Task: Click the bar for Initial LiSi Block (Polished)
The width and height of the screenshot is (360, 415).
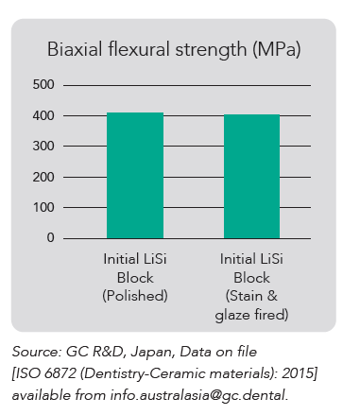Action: point(135,175)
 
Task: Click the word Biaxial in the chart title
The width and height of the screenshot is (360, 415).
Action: point(73,50)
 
